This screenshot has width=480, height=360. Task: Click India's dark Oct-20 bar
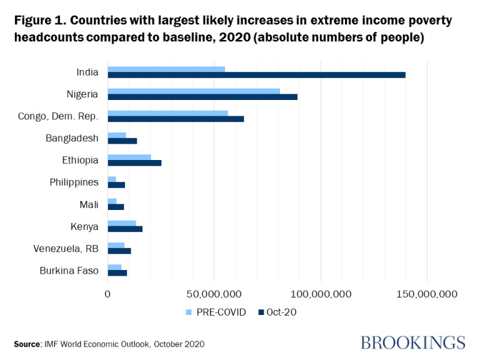(x=256, y=75)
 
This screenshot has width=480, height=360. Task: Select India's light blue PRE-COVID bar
(x=166, y=69)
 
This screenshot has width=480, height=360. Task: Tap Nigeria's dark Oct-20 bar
(x=202, y=97)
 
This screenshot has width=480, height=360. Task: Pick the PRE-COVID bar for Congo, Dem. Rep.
(x=167, y=112)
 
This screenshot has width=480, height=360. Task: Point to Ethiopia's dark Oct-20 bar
(x=134, y=162)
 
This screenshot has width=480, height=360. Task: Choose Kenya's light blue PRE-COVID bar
(x=122, y=222)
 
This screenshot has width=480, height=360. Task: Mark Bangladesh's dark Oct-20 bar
(x=122, y=141)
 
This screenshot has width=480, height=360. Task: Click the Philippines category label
(x=74, y=182)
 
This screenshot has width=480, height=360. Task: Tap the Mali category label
(x=89, y=204)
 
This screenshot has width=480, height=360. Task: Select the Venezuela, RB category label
(x=66, y=248)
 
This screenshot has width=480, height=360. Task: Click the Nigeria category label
(x=82, y=94)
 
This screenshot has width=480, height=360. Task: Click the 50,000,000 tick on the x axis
(x=214, y=293)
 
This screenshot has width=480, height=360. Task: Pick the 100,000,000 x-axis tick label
(x=320, y=293)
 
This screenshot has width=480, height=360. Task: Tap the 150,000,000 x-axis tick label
(x=426, y=293)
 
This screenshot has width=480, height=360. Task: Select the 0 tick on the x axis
(x=107, y=293)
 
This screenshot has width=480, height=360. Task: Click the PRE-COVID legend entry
(x=216, y=312)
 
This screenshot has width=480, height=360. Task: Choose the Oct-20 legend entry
(x=277, y=312)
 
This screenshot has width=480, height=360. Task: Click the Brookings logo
(x=413, y=342)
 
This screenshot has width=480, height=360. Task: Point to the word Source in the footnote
(x=27, y=344)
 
